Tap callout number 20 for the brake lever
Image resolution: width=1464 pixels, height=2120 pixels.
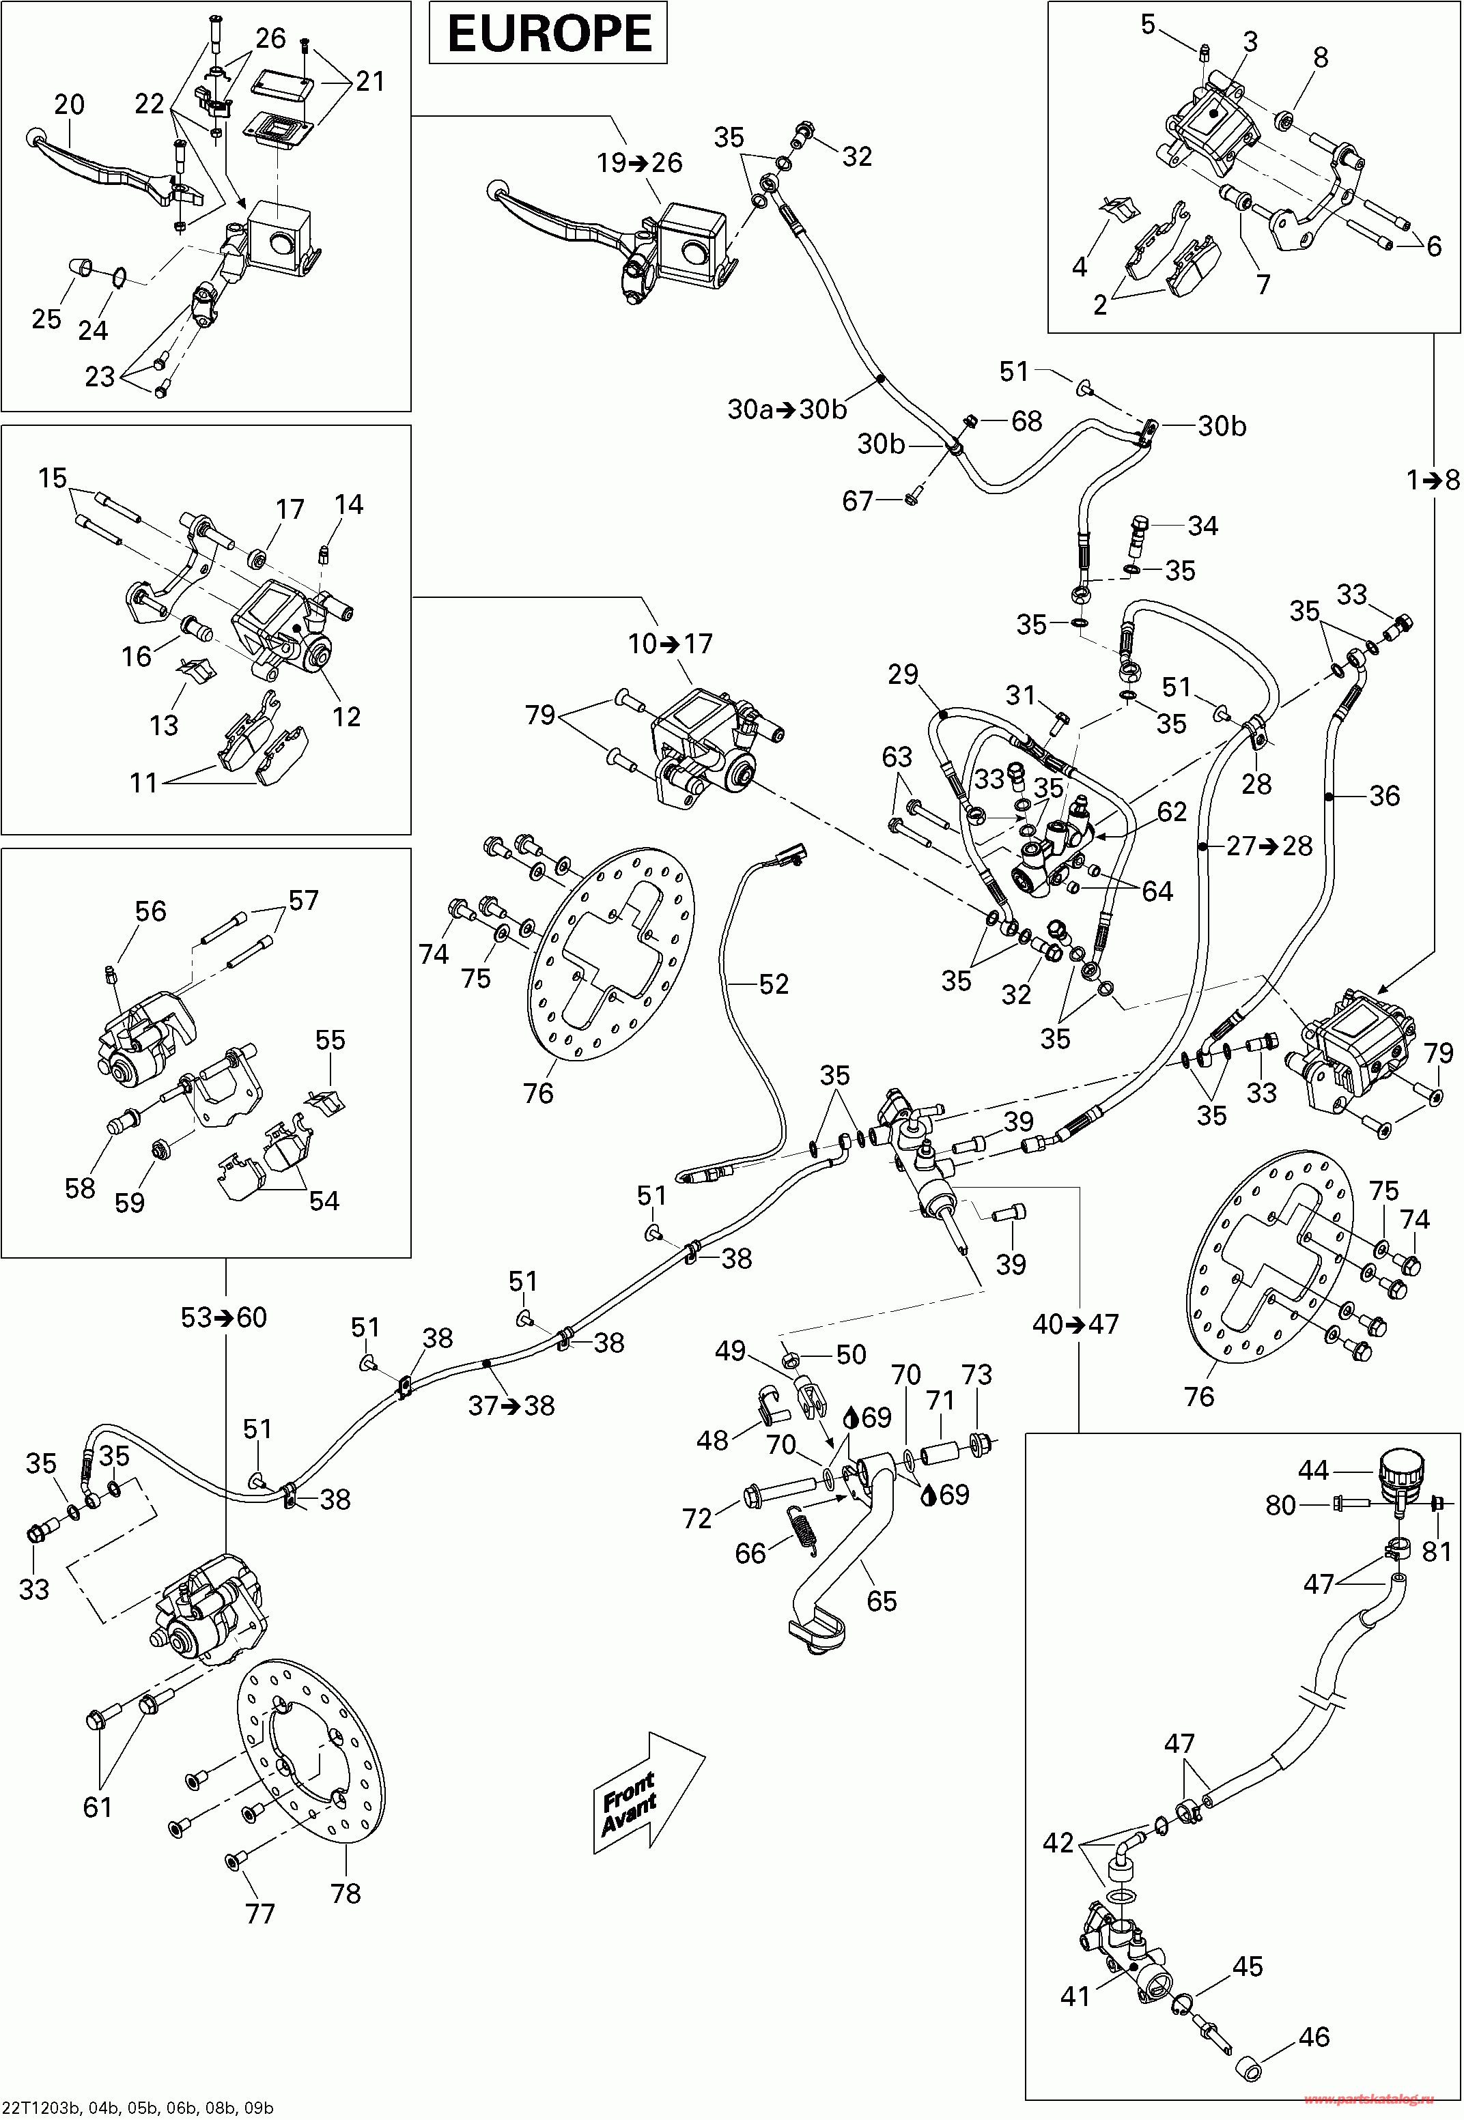point(69,104)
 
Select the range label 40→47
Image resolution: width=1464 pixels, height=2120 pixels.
point(1076,1324)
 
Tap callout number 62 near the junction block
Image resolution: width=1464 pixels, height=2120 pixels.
point(1171,812)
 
